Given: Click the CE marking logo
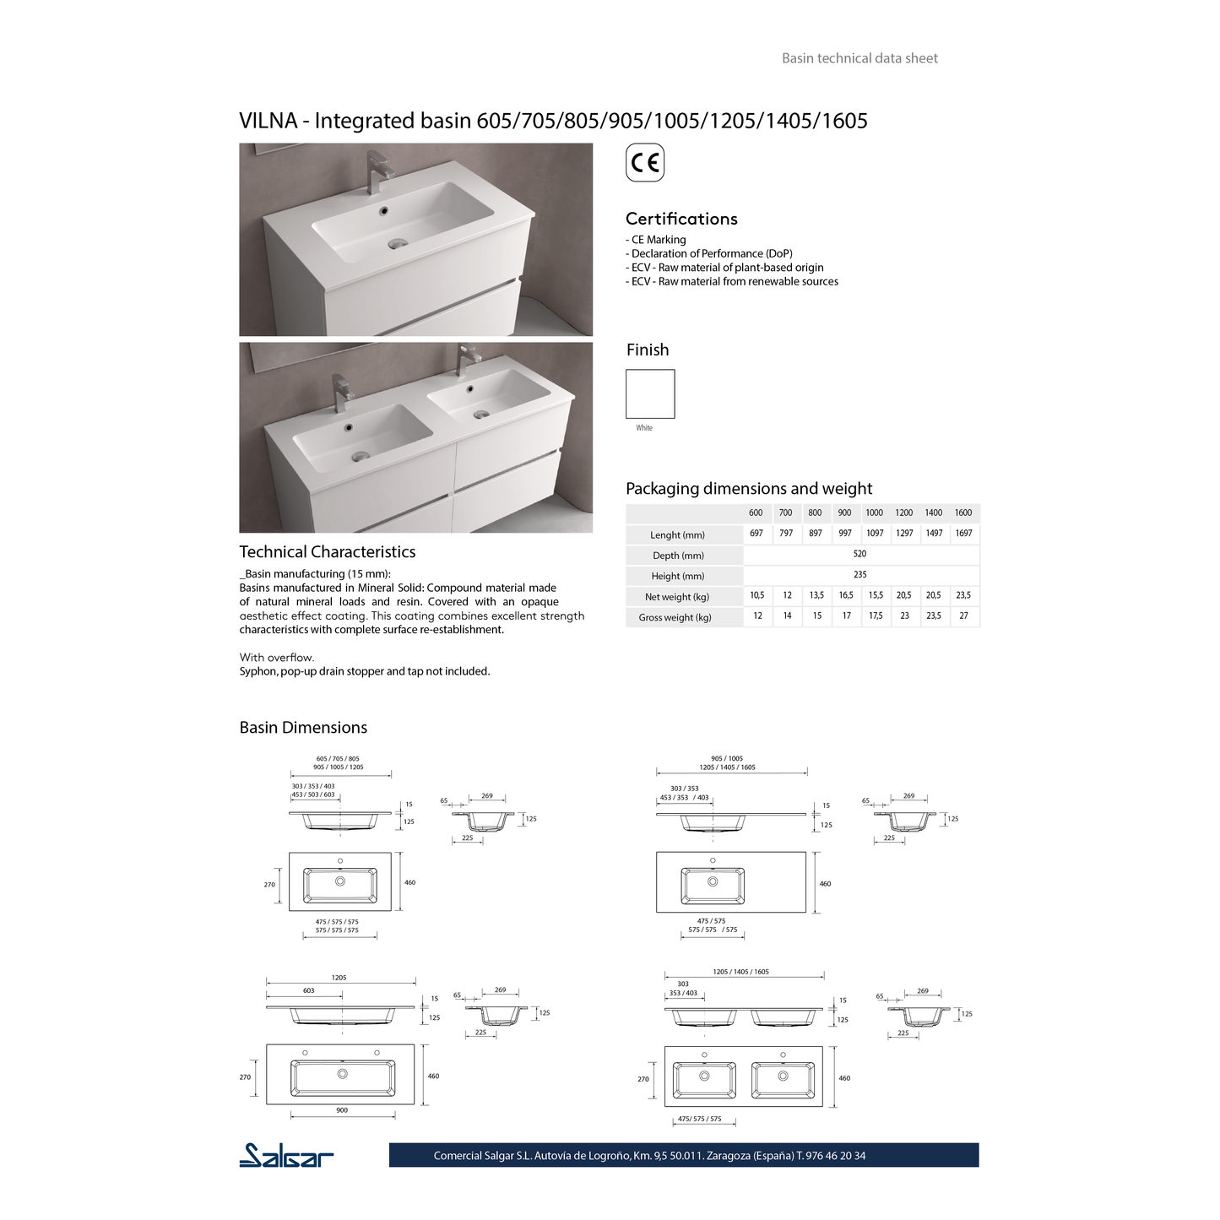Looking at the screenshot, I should [645, 163].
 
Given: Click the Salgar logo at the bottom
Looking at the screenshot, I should [286, 1155].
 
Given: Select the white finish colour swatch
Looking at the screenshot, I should [650, 393].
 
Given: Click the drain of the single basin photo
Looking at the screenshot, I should [397, 243].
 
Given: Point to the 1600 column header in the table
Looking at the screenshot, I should [963, 512].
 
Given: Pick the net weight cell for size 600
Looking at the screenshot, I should [757, 595].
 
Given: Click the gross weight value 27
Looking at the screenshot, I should [963, 616].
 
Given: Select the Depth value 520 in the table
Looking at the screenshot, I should [859, 554].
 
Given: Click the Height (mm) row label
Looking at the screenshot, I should [678, 576].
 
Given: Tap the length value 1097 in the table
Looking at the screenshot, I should [875, 534].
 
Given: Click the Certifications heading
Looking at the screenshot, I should [681, 219].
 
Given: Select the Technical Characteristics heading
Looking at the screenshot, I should [328, 552].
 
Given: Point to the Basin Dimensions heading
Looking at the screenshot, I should [303, 728].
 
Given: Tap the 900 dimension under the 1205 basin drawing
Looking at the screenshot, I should [342, 1110].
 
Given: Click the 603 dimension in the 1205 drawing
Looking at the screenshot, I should [308, 990].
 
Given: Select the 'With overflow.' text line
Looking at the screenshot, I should [277, 657].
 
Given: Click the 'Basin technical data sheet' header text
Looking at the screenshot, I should [859, 58].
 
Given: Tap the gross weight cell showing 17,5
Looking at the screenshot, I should [876, 616].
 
